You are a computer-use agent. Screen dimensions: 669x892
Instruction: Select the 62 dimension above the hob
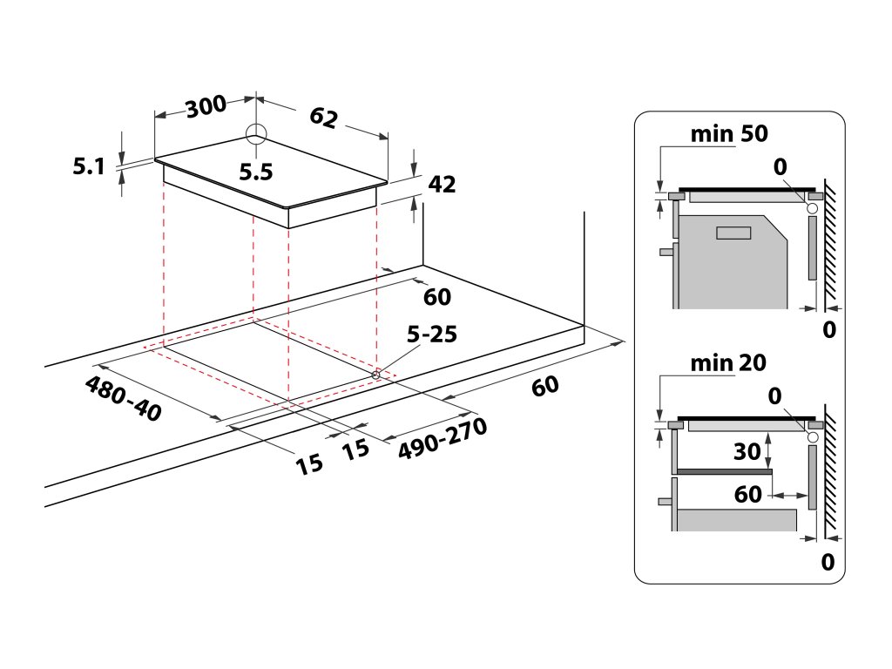tap(323, 118)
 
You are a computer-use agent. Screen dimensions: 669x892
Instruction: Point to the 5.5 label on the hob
tap(256, 172)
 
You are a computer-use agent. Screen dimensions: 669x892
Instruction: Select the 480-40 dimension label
tap(123, 399)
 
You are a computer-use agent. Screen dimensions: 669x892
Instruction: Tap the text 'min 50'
tap(729, 134)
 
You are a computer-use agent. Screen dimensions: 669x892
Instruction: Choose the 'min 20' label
tap(728, 363)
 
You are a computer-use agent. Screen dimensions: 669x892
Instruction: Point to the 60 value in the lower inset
tap(748, 494)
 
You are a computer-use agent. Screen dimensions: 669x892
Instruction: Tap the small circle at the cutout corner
tap(376, 375)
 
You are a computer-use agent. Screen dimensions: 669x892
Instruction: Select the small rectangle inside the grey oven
tap(733, 233)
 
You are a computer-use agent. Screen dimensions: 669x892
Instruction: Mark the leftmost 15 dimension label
tap(309, 463)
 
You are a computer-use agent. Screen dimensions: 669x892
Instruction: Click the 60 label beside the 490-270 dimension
tap(545, 386)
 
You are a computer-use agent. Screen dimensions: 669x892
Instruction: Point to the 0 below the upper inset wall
tap(828, 330)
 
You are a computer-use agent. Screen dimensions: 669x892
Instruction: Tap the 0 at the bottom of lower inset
tap(828, 562)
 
